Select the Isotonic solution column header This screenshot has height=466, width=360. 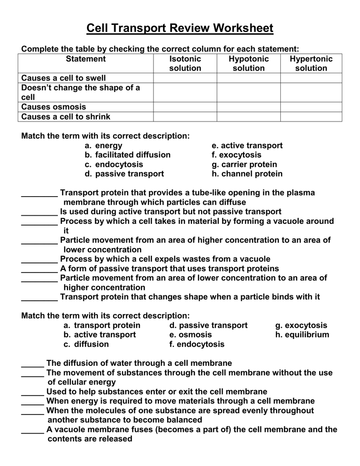pos(185,64)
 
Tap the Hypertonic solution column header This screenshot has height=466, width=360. pos(311,64)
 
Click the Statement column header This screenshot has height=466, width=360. pos(86,59)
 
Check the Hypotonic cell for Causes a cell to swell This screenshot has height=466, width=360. pos(248,78)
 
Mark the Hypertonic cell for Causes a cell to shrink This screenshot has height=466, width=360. pos(311,116)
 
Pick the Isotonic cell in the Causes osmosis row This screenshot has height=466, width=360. pos(185,107)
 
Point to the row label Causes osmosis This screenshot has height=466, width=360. pos(54,107)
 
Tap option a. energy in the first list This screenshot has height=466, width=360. pos(103,145)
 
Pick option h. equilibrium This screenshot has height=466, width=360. pos(302,334)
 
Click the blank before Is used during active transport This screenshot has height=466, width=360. pos(40,212)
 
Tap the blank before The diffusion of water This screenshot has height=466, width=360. pos(33,364)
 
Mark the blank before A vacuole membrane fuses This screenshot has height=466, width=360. pos(33,430)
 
